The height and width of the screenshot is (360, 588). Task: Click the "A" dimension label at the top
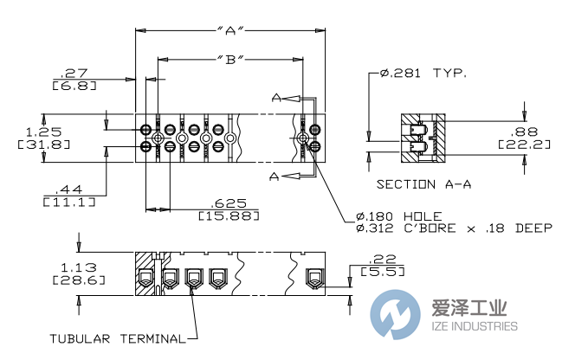[229, 31]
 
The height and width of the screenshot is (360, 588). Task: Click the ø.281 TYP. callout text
[423, 74]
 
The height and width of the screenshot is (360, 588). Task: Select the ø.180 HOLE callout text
[399, 215]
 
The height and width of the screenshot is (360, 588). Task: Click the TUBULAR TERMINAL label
[116, 337]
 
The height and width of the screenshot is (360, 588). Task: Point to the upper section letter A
[275, 98]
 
